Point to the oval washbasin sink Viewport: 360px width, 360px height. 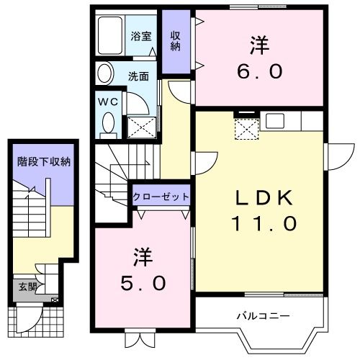click(105, 73)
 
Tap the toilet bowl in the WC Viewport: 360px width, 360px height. click(108, 124)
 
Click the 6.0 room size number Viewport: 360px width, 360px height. click(261, 72)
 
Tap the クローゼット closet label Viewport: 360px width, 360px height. click(161, 197)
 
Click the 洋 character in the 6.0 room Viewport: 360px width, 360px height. click(260, 45)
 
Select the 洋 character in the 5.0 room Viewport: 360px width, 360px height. click(143, 256)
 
